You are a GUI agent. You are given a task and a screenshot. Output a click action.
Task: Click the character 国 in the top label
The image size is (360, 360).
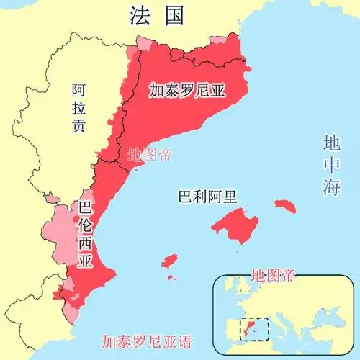tap(173, 15)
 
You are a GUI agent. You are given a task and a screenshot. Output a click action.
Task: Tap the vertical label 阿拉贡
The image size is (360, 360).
tap(79, 107)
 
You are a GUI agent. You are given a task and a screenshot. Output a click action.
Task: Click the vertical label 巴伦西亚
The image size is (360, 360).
tap(85, 237)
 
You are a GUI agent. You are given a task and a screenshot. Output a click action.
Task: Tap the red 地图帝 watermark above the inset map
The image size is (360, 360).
tap(273, 275)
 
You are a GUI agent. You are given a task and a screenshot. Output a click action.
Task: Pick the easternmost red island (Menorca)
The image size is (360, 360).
tap(285, 207)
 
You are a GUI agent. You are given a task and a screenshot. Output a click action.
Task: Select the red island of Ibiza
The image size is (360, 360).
tap(171, 259)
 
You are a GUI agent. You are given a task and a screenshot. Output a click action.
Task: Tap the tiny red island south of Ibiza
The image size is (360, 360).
tap(172, 276)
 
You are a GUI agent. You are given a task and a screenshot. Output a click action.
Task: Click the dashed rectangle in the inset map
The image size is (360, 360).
tap(254, 330)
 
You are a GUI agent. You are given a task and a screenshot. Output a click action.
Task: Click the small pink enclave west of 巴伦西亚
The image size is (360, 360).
tap(52, 197)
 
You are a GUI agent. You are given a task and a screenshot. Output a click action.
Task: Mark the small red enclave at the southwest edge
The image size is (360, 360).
tap(58, 293)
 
